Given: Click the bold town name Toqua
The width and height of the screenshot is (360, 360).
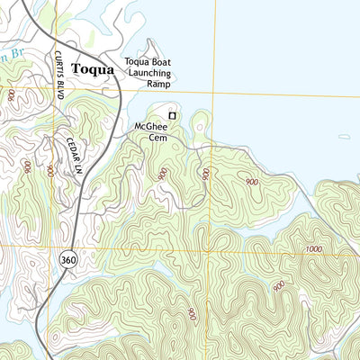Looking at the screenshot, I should pos(93,68).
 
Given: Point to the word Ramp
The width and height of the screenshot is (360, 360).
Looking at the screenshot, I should pos(158,83).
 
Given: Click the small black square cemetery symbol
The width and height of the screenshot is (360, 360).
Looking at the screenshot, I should pos(173,115).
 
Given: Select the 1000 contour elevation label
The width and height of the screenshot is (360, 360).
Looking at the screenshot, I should pos(312,249).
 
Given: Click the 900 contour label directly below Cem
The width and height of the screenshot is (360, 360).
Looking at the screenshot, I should pos(163,174).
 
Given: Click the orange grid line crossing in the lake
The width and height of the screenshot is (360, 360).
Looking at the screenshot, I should pos(213,92).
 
